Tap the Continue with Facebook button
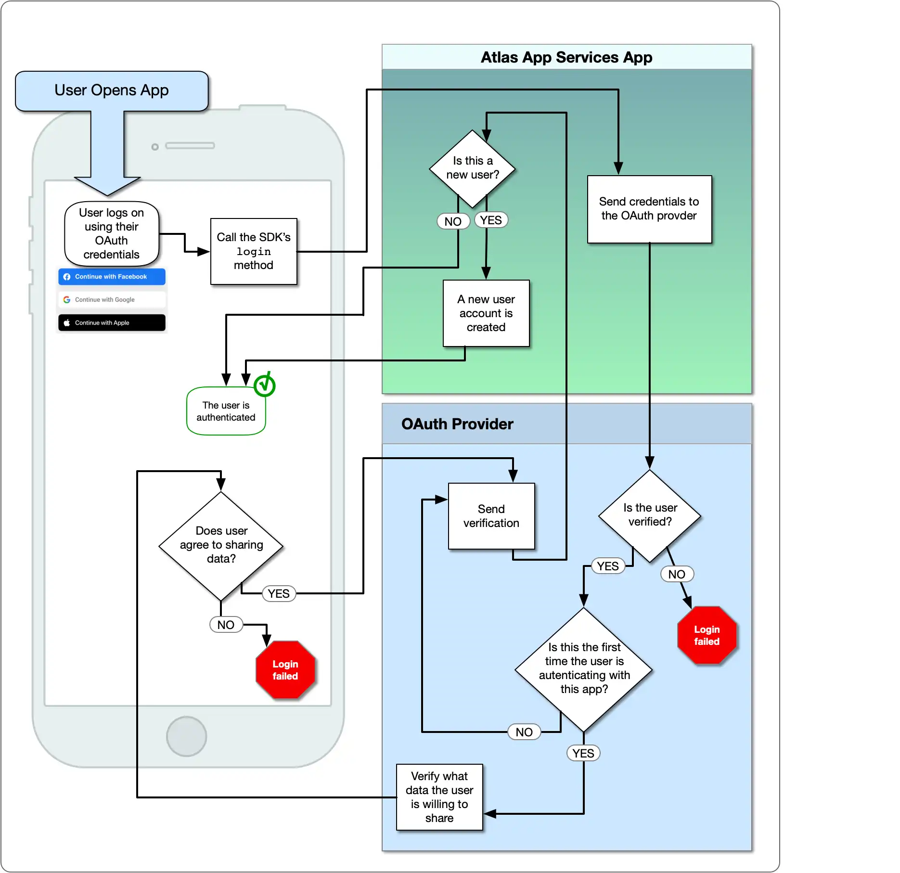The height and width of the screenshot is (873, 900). pyautogui.click(x=112, y=277)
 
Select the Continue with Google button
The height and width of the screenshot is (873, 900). pyautogui.click(x=112, y=299)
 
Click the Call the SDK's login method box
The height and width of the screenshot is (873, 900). pyautogui.click(x=254, y=251)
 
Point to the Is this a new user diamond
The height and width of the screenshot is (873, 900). pyautogui.click(x=472, y=168)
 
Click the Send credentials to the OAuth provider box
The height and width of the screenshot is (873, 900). pyautogui.click(x=649, y=209)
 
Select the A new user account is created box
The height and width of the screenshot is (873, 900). pyautogui.click(x=486, y=313)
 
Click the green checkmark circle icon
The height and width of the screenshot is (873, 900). pyautogui.click(x=264, y=385)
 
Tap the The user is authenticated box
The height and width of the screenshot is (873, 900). pyautogui.click(x=226, y=411)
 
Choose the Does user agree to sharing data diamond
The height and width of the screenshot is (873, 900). pyautogui.click(x=221, y=545)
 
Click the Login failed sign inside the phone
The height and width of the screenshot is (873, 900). pyautogui.click(x=285, y=669)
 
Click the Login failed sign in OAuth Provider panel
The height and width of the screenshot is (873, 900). pyautogui.click(x=706, y=635)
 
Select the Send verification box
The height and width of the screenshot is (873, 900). pyautogui.click(x=491, y=516)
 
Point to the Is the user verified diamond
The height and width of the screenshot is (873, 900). pyautogui.click(x=649, y=515)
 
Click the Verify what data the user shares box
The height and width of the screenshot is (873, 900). pyautogui.click(x=439, y=797)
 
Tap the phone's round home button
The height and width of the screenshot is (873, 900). pyautogui.click(x=186, y=736)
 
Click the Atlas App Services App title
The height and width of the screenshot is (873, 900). pyautogui.click(x=566, y=57)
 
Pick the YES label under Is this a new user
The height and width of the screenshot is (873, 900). pyautogui.click(x=490, y=220)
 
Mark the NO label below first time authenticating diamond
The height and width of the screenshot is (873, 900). pyautogui.click(x=524, y=732)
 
